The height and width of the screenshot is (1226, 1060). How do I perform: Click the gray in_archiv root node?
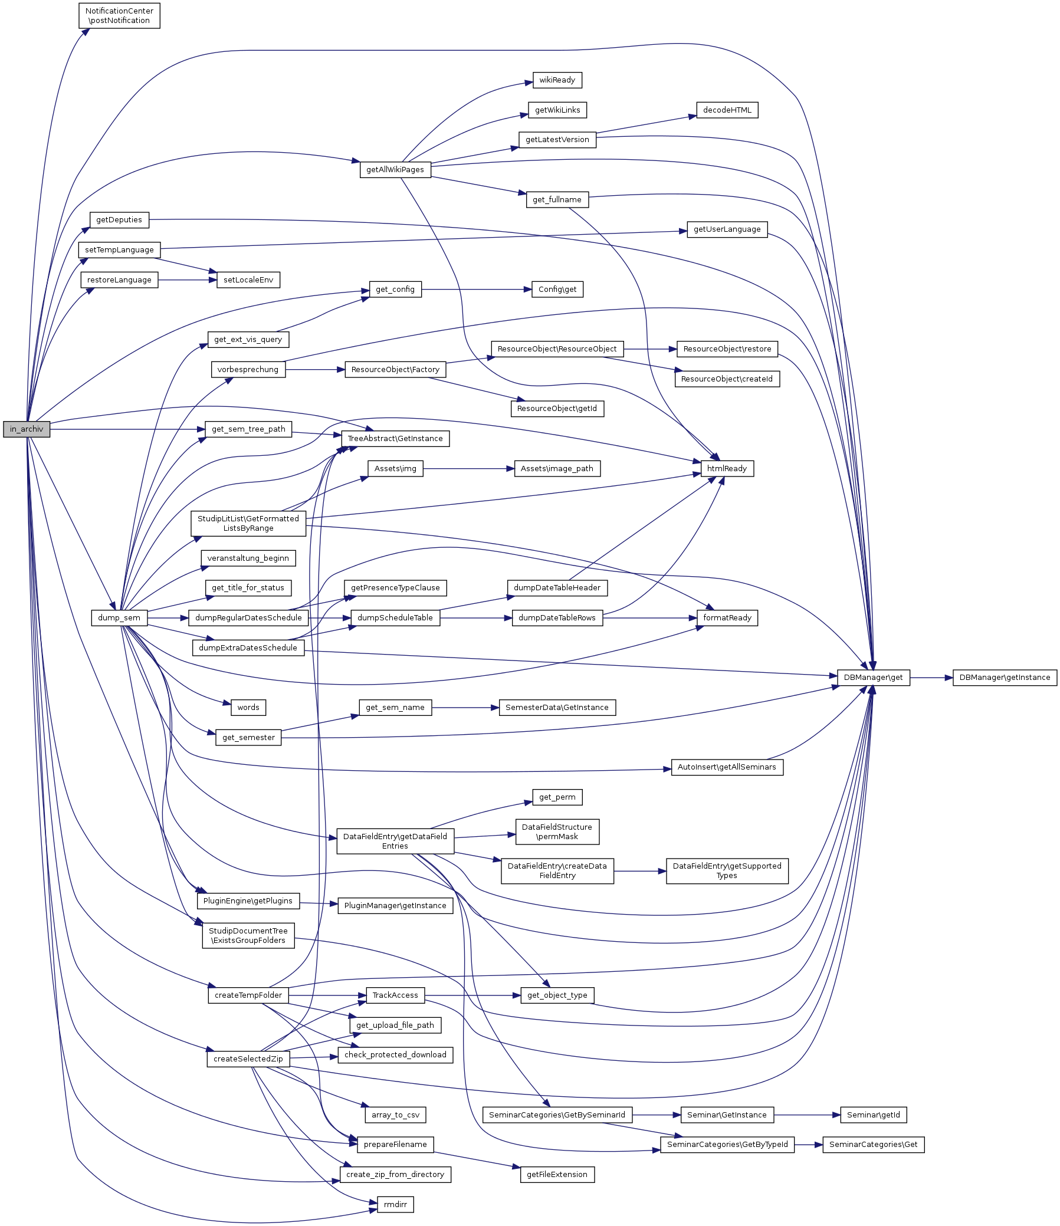pyautogui.click(x=27, y=429)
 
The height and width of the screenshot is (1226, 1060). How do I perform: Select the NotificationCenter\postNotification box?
pyautogui.click(x=119, y=16)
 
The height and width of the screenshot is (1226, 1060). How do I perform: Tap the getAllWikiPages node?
pyautogui.click(x=395, y=169)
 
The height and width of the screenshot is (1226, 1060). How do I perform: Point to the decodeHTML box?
pyautogui.click(x=727, y=110)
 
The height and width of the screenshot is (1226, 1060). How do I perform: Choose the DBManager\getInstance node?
pyautogui.click(x=1005, y=678)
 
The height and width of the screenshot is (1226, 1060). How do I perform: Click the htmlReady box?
pyautogui.click(x=727, y=468)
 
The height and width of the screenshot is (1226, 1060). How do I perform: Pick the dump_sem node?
pyautogui.click(x=119, y=618)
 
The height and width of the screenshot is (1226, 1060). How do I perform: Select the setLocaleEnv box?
pyautogui.click(x=248, y=280)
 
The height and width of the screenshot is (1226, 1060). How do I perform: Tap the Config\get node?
pyautogui.click(x=557, y=290)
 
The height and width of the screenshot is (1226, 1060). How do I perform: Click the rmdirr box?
pyautogui.click(x=395, y=1204)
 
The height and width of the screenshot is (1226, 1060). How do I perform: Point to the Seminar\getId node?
pyautogui.click(x=873, y=1115)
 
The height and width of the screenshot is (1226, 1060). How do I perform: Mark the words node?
pyautogui.click(x=248, y=707)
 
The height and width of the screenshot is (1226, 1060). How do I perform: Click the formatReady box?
pyautogui.click(x=727, y=618)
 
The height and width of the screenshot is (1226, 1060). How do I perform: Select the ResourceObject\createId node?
pyautogui.click(x=727, y=379)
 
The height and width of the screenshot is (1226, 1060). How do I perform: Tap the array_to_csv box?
pyautogui.click(x=395, y=1115)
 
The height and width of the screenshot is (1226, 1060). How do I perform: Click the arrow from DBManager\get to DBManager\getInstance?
pyautogui.click(x=931, y=678)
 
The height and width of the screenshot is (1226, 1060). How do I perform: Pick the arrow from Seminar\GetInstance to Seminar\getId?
pyautogui.click(x=807, y=1115)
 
